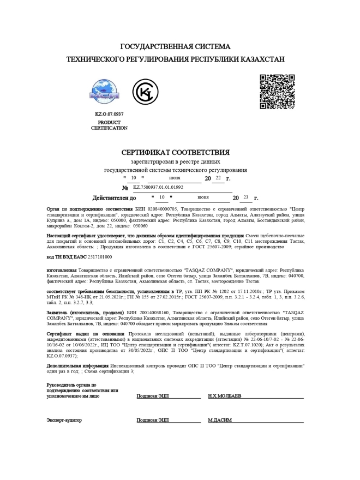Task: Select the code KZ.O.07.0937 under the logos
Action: pos(109,114)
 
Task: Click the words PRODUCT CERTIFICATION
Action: pos(109,125)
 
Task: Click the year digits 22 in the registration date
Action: pos(218,178)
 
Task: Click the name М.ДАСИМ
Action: pos(220,420)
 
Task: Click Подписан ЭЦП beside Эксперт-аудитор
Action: pos(153,420)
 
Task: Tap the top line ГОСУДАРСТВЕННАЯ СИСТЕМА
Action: pos(175,46)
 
